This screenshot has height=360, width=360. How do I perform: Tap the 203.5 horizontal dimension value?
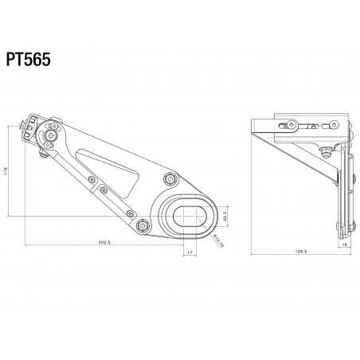[x=103, y=241]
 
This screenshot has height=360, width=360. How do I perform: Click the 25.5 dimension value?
[x=225, y=215]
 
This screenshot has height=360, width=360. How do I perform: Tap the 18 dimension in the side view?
[x=344, y=246]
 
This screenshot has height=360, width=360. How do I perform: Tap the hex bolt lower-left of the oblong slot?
[x=142, y=227]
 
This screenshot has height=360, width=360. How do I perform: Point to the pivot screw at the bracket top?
[x=52, y=138]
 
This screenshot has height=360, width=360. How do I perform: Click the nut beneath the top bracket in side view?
[x=327, y=151]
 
